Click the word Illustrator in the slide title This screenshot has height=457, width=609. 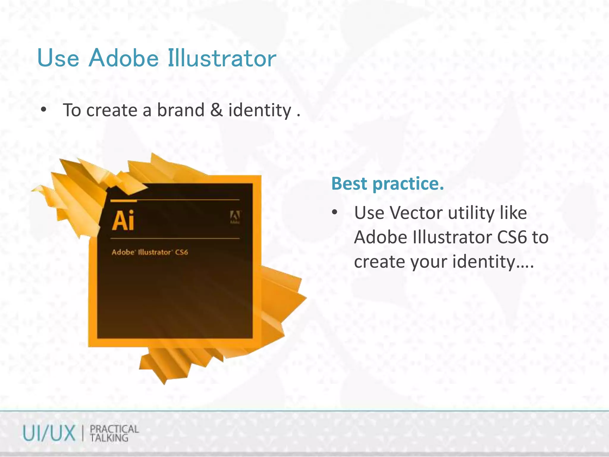click(222, 58)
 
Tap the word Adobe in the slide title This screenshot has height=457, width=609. click(123, 58)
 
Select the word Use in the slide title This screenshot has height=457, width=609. click(58, 58)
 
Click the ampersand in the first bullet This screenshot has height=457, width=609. click(216, 110)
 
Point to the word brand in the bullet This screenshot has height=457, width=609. click(180, 110)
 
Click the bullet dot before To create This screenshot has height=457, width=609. click(44, 110)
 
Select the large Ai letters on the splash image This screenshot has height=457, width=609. click(123, 220)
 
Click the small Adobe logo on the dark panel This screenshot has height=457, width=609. click(235, 217)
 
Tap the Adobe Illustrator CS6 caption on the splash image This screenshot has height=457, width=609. click(150, 252)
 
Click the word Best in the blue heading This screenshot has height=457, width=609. click(349, 184)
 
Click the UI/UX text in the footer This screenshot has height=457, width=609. click(49, 433)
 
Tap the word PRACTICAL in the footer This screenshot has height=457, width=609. click(114, 429)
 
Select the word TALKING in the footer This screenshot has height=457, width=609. click(109, 438)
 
